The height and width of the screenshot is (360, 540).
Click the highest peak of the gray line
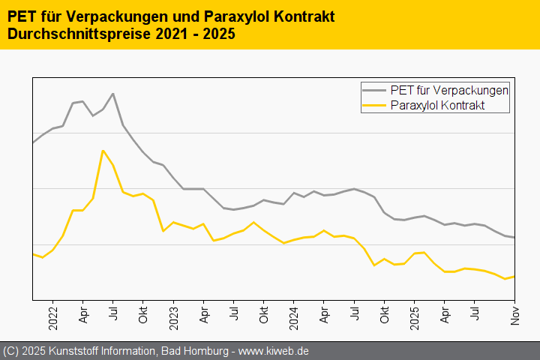tap(112, 94)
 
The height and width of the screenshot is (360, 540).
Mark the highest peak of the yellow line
tap(103, 150)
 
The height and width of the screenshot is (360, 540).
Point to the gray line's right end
tap(514, 238)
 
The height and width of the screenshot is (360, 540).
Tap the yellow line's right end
tap(514, 277)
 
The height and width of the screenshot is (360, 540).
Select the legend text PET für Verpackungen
tap(450, 89)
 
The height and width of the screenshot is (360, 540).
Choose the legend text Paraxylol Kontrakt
tap(437, 106)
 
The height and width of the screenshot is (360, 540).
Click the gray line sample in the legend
tap(376, 89)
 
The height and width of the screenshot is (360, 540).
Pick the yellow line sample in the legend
tap(376, 106)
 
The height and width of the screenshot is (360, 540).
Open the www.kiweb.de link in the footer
tap(274, 351)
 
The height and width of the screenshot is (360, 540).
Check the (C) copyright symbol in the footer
tap(10, 351)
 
